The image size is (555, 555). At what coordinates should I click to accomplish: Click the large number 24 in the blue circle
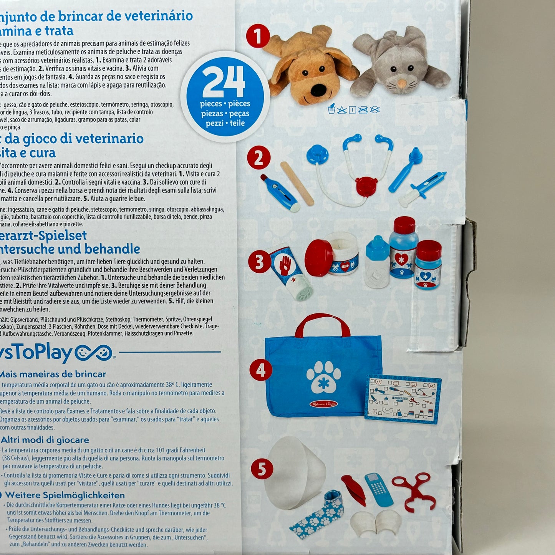(x=224, y=81)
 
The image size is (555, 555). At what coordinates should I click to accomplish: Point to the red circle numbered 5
(x=262, y=469)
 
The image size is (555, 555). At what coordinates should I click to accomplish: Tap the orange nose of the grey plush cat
(x=401, y=83)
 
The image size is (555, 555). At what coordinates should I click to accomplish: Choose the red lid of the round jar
(x=318, y=257)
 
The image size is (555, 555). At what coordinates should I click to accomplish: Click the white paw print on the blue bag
(x=323, y=376)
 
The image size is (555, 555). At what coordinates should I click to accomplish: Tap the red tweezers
(x=353, y=489)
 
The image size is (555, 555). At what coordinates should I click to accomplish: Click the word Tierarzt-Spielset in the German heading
(x=43, y=235)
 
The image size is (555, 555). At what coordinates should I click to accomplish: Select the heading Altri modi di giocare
(x=45, y=440)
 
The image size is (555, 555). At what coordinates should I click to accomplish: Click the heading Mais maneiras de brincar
(x=53, y=374)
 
